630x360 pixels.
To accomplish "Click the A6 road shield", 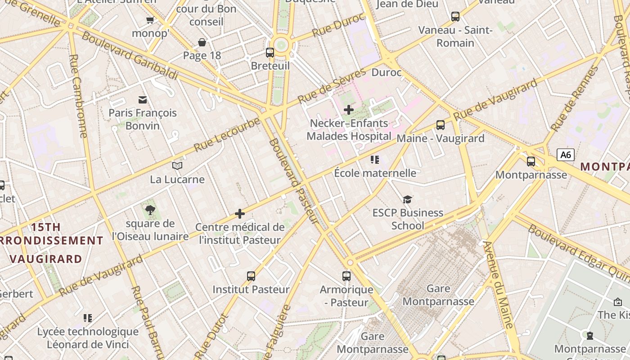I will click(x=566, y=155).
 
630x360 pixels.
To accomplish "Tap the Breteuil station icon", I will click(x=270, y=53).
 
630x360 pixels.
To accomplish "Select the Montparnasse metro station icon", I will click(x=531, y=161).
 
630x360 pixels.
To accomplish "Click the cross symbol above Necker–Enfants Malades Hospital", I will click(x=349, y=109).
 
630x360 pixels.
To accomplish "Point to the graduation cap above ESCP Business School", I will click(x=407, y=199).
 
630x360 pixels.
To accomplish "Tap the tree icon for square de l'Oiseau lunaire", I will click(x=150, y=210).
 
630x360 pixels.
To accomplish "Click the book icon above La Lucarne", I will click(x=177, y=166).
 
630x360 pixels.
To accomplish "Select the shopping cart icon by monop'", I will click(x=150, y=20).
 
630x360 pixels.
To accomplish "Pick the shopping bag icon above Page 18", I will click(x=202, y=42).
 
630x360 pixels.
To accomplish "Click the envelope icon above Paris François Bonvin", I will click(x=143, y=99).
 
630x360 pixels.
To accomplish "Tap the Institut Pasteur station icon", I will click(x=251, y=276).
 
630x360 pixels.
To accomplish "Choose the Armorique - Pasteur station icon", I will click(x=346, y=276).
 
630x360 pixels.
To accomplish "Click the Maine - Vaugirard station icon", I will click(x=441, y=125).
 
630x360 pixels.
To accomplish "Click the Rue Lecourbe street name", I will click(x=227, y=134).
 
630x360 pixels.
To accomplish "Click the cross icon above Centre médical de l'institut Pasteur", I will click(x=240, y=213).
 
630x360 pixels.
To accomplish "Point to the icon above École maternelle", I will click(x=375, y=159).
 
